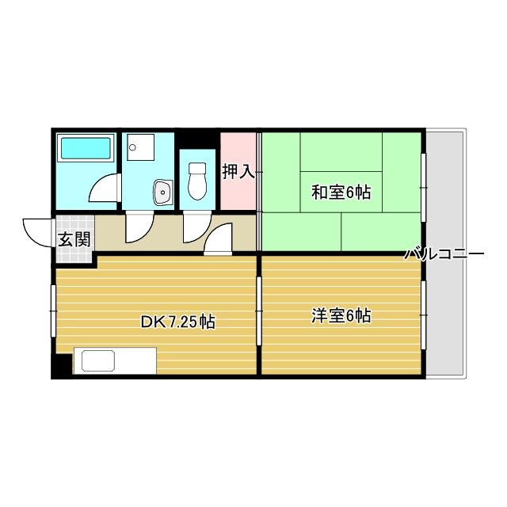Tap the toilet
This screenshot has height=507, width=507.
(197, 183)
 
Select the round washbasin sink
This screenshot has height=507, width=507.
(162, 191)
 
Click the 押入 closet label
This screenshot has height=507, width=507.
(238, 171)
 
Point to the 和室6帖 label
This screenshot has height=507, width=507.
(341, 192)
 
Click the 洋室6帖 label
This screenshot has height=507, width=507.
(341, 316)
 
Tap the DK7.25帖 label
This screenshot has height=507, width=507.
(177, 322)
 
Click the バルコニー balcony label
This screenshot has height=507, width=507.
(444, 255)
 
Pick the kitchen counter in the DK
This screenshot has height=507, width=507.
(114, 361)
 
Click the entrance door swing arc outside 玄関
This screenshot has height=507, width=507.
(38, 231)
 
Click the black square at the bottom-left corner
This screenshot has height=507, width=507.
(62, 367)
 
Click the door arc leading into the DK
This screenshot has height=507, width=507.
(219, 239)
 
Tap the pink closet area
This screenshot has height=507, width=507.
(238, 190)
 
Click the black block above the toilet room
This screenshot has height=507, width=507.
(196, 138)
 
